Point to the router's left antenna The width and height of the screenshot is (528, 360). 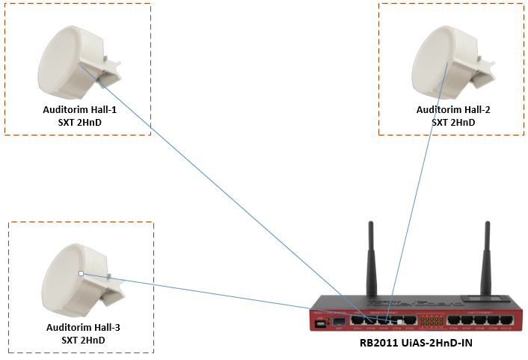coord(370,258)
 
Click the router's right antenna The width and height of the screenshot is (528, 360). coord(486,258)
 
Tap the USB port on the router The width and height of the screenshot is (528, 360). coord(322,323)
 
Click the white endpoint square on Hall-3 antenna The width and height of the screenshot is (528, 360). coord(81,274)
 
